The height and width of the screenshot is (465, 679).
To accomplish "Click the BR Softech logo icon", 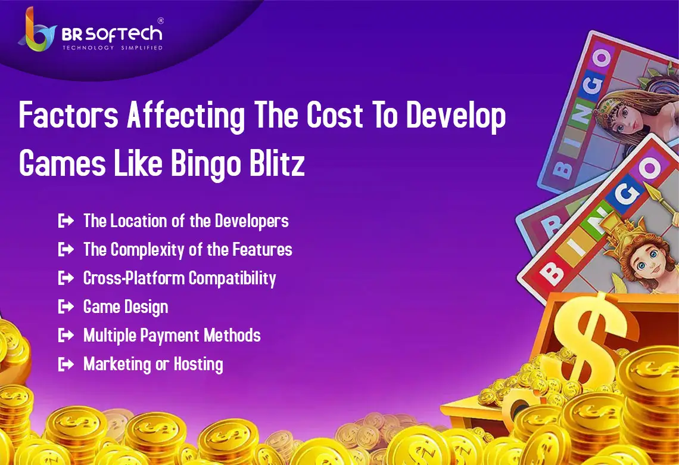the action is [38, 30].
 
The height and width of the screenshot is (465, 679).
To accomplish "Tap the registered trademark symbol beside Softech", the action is [161, 20].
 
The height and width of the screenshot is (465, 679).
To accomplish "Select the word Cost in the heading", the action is [335, 115].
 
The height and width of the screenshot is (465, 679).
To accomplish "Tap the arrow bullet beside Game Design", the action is [66, 307].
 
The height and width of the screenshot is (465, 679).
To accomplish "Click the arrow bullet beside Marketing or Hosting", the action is [66, 364].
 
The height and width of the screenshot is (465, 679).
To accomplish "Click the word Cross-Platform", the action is [134, 278].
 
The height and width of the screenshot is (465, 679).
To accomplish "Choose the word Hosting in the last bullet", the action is [198, 364].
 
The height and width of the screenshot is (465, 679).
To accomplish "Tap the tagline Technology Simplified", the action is [113, 47].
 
